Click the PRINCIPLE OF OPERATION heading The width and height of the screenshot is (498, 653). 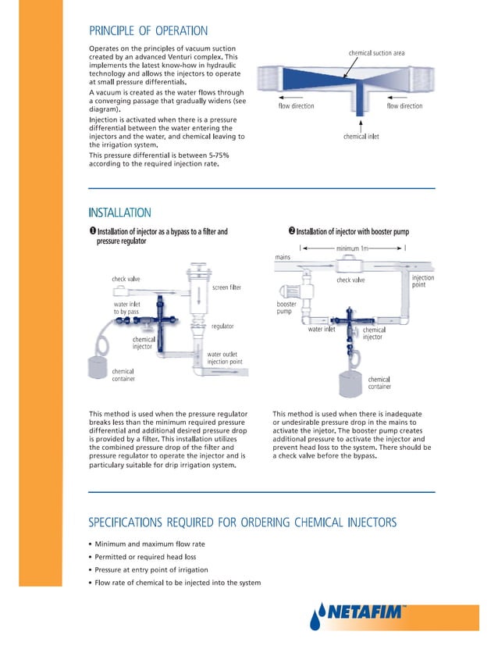148,31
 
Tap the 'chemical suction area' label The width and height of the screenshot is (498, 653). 376,53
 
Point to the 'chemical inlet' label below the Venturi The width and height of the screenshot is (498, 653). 361,137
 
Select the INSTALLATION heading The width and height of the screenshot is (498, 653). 119,212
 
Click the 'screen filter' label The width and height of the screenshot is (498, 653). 226,287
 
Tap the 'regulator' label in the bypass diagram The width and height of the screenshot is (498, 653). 222,326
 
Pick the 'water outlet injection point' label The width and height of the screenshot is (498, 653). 224,359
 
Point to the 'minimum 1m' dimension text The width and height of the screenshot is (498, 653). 353,248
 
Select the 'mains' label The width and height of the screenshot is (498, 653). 283,257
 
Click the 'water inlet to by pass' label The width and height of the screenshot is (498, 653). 127,308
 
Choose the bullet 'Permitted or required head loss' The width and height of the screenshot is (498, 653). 145,557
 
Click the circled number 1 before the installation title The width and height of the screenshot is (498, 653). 92,231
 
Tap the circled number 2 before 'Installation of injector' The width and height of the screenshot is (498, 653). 291,231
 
